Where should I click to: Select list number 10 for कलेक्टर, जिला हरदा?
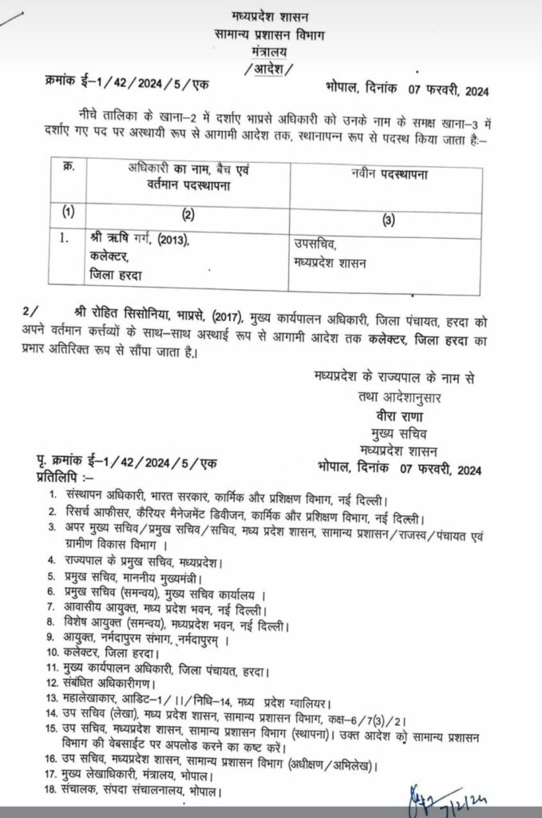(51, 651)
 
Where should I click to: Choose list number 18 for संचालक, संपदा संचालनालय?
(51, 792)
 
